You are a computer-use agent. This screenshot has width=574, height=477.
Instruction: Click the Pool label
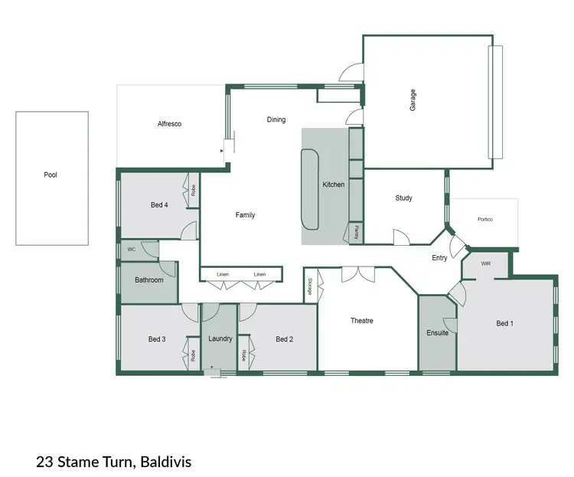(51, 175)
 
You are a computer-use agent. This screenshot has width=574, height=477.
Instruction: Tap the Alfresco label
(169, 124)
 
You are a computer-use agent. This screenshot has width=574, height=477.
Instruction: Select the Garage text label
(413, 101)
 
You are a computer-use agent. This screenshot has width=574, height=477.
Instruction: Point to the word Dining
(276, 119)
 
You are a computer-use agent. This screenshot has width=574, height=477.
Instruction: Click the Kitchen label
(334, 185)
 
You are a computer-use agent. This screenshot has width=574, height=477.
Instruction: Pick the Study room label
(403, 198)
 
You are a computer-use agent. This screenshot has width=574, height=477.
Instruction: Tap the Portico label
(485, 220)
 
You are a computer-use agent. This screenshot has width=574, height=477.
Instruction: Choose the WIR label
(486, 263)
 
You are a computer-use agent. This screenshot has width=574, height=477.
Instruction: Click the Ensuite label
(437, 333)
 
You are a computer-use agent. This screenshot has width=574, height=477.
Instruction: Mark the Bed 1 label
(504, 324)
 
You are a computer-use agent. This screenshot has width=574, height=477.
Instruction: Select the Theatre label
(362, 321)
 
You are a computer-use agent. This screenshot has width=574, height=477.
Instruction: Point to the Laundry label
(220, 339)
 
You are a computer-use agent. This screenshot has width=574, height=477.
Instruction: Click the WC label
(132, 250)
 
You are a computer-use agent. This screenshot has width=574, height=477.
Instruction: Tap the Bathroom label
(149, 280)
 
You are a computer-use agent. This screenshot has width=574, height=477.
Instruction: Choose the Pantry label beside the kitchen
(356, 233)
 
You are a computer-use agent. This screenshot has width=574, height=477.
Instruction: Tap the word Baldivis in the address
(165, 462)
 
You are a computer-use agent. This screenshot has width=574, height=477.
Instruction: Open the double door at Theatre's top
(357, 273)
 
